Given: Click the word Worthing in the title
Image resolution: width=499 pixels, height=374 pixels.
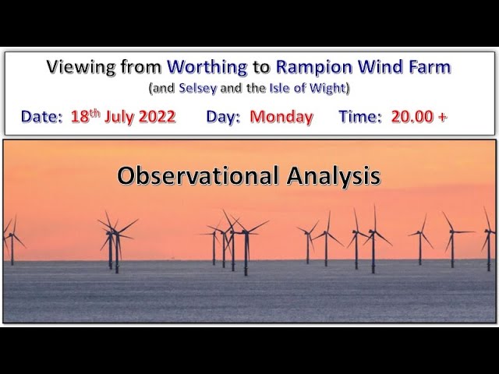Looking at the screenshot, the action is click(207, 68).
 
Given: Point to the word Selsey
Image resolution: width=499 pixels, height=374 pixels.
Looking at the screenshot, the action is click(197, 88).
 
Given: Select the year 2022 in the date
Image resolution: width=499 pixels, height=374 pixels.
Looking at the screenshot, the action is click(157, 116).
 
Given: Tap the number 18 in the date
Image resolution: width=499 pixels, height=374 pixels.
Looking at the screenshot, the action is click(80, 117).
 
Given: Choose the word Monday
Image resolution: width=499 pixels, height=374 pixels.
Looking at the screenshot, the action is click(281, 117).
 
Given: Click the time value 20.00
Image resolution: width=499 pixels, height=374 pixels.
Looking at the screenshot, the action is click(412, 116).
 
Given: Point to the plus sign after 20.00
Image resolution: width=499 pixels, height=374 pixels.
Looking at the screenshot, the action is click(442, 117).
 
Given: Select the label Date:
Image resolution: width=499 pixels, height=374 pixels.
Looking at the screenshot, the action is click(41, 117).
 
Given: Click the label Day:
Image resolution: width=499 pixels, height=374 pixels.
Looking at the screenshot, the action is click(223, 117).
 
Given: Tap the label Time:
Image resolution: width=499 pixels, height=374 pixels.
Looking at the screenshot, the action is click(360, 116).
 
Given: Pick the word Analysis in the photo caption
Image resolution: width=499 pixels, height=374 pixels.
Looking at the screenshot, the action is click(334, 176).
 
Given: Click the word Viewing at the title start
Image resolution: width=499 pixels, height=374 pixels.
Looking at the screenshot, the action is click(81, 68).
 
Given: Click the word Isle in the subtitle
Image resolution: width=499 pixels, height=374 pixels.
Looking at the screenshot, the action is click(281, 88).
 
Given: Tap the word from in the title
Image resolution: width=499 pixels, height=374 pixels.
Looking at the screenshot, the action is click(142, 66).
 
